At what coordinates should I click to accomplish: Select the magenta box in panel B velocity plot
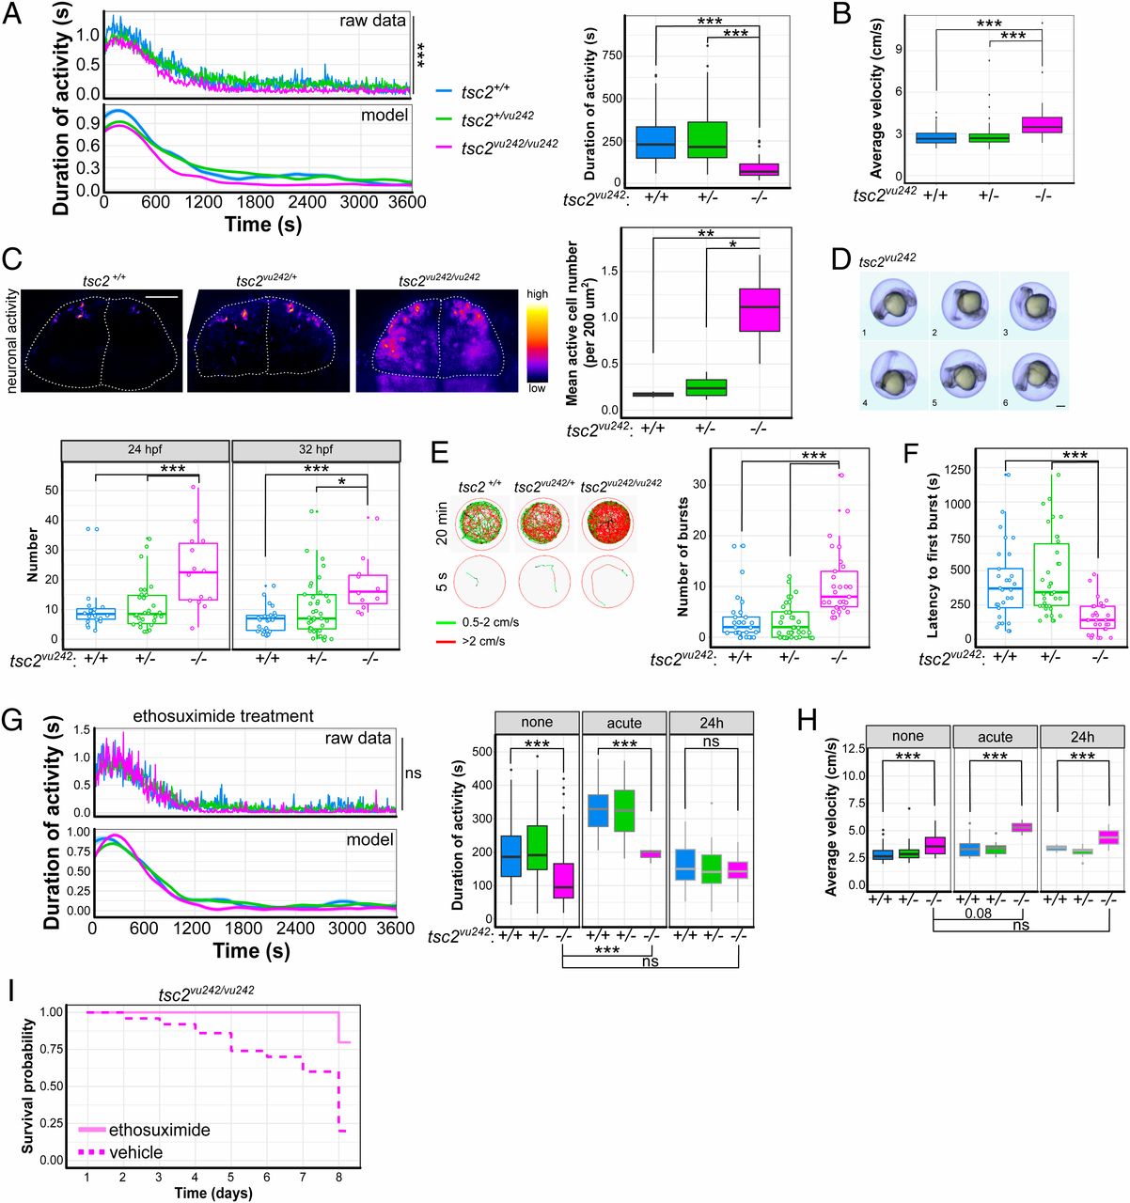[x=1041, y=125]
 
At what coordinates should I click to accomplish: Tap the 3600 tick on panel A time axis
[x=406, y=202]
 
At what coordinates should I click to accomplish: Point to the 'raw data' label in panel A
[x=373, y=21]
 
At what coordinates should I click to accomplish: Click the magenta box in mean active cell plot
[x=759, y=309]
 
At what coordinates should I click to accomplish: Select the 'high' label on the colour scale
[x=537, y=294]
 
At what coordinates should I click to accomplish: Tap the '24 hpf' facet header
[x=145, y=449]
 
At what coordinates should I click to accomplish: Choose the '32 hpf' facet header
[x=317, y=449]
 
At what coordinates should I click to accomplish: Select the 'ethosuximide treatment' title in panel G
[x=223, y=716]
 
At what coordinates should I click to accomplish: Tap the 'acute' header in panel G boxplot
[x=624, y=723]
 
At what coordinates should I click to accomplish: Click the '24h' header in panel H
[x=1082, y=736]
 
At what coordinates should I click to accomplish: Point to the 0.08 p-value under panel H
[x=978, y=913]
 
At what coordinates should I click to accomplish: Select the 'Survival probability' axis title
[x=28, y=1086]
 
